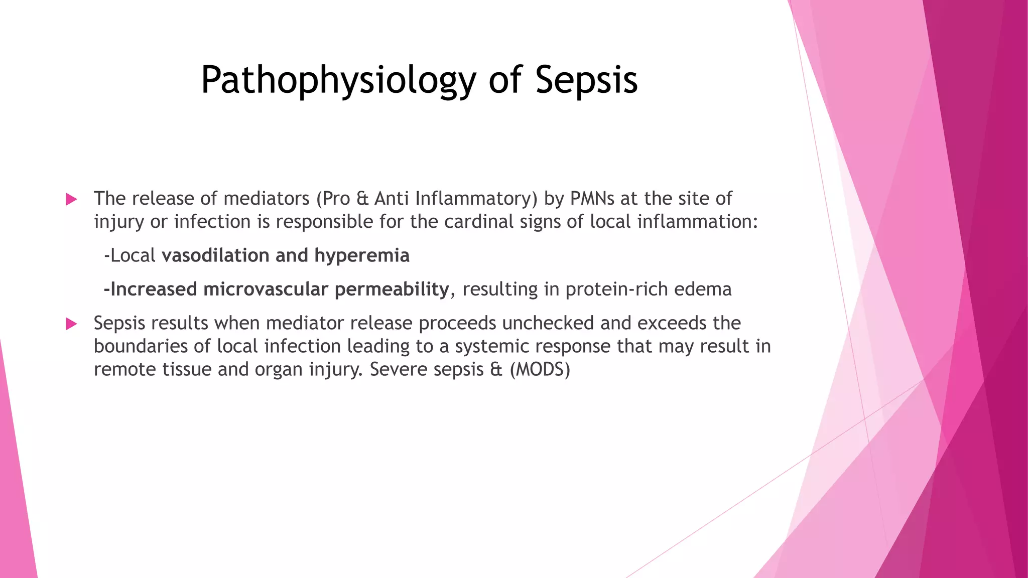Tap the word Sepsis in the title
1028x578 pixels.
click(586, 80)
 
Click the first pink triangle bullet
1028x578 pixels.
click(71, 200)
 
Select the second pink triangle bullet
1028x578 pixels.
click(71, 324)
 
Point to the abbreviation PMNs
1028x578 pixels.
click(592, 199)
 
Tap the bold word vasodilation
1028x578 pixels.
click(215, 255)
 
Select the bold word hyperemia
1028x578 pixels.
click(361, 255)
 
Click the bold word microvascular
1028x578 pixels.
click(266, 290)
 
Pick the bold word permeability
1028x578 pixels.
click(392, 290)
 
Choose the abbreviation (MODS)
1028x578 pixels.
click(540, 370)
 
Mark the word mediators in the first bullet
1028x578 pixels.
click(266, 199)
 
